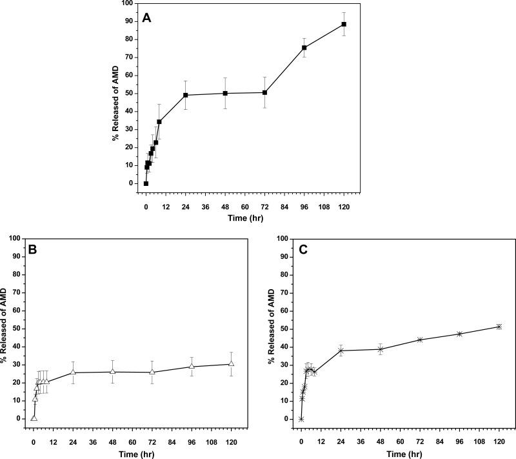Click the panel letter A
click(147, 18)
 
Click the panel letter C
click(299, 249)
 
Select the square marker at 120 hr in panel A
click(344, 25)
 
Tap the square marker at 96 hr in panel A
click(304, 48)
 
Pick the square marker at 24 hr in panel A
click(186, 95)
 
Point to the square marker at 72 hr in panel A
click(265, 92)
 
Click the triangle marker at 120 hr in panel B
click(232, 364)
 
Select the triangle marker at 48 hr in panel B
click(113, 372)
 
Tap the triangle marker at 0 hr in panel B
click(34, 418)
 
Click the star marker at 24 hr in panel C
click(341, 351)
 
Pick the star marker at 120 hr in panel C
click(499, 327)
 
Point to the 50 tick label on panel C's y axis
click(283, 329)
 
